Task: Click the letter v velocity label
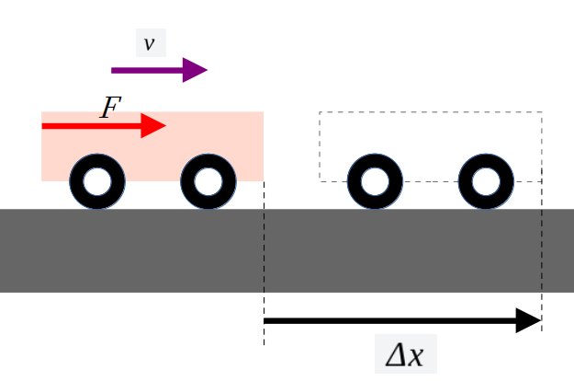click(149, 43)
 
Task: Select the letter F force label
click(110, 109)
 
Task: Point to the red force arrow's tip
click(163, 125)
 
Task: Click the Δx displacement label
click(405, 355)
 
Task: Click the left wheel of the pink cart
click(96, 182)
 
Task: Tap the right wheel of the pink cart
click(208, 182)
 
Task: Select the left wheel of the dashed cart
click(375, 182)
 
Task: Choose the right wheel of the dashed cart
click(486, 182)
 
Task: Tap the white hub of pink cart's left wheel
click(96, 182)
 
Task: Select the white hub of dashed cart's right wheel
click(486, 182)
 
